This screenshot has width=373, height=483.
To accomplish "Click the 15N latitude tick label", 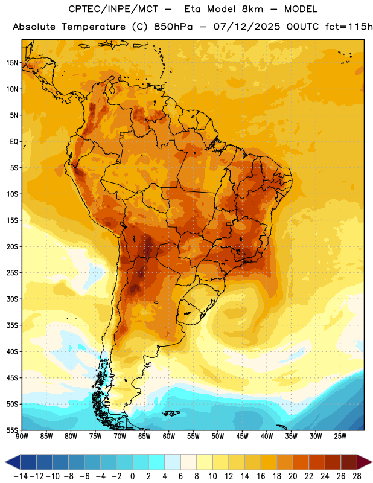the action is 12,63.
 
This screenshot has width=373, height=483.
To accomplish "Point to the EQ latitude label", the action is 14,142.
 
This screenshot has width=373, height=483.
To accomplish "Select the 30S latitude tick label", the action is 12,299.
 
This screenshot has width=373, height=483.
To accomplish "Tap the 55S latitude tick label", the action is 12,430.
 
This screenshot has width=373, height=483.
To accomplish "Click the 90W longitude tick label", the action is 22,437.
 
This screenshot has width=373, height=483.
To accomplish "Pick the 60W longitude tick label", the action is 169,437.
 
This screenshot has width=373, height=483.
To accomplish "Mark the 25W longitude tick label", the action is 340,437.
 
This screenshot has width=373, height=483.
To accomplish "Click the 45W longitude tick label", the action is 243,437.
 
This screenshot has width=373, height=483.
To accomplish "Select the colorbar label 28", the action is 357,476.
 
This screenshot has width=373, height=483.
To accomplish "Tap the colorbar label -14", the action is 21,476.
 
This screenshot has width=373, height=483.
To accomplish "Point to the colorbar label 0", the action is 133,476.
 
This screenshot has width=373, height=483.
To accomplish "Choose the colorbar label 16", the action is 261,476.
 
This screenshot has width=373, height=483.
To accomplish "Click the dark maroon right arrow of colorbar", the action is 365,462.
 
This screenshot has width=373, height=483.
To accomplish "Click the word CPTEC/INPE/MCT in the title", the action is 113,9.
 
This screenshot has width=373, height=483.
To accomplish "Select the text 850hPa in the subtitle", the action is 173,27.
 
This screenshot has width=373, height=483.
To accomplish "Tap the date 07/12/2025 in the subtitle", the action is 247,27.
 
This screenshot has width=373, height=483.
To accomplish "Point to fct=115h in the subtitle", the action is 349,27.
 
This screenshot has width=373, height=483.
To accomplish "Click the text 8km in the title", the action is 252,9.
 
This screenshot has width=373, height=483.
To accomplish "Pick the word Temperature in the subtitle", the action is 94,27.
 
